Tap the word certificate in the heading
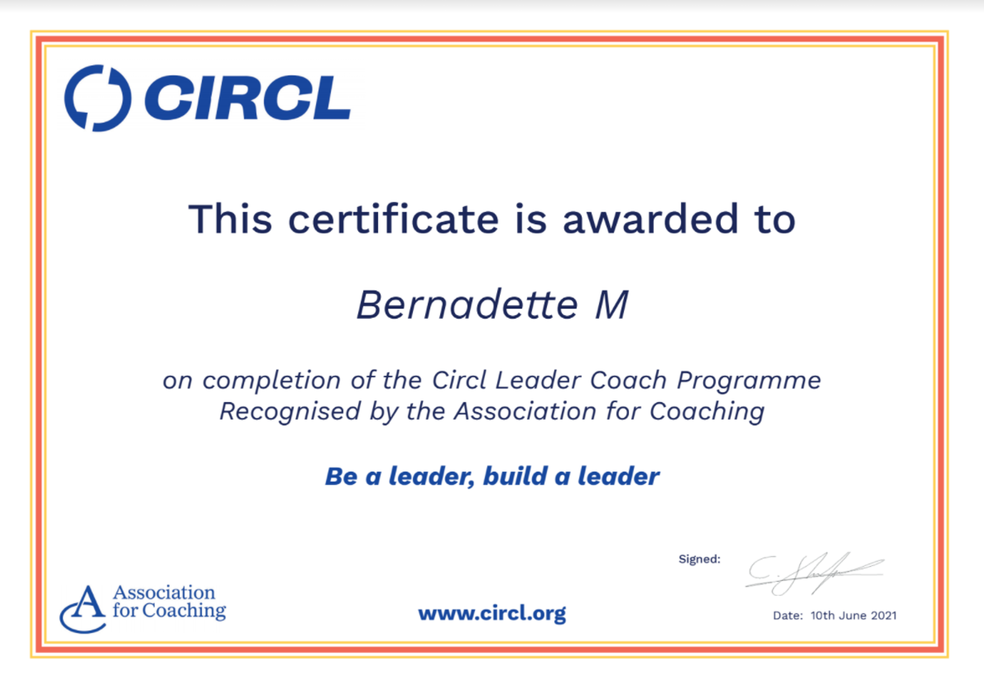(x=393, y=219)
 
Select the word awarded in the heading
(x=650, y=219)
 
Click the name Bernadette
(x=467, y=304)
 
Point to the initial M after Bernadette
(x=612, y=305)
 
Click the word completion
(x=272, y=381)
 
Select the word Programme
(x=749, y=381)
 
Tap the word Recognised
(x=290, y=411)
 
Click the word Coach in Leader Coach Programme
(x=628, y=380)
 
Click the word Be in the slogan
(x=341, y=477)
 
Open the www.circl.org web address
(x=492, y=613)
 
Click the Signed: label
(x=700, y=559)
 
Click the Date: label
(x=788, y=616)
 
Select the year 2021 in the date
(x=884, y=616)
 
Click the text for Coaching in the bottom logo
(x=169, y=611)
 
